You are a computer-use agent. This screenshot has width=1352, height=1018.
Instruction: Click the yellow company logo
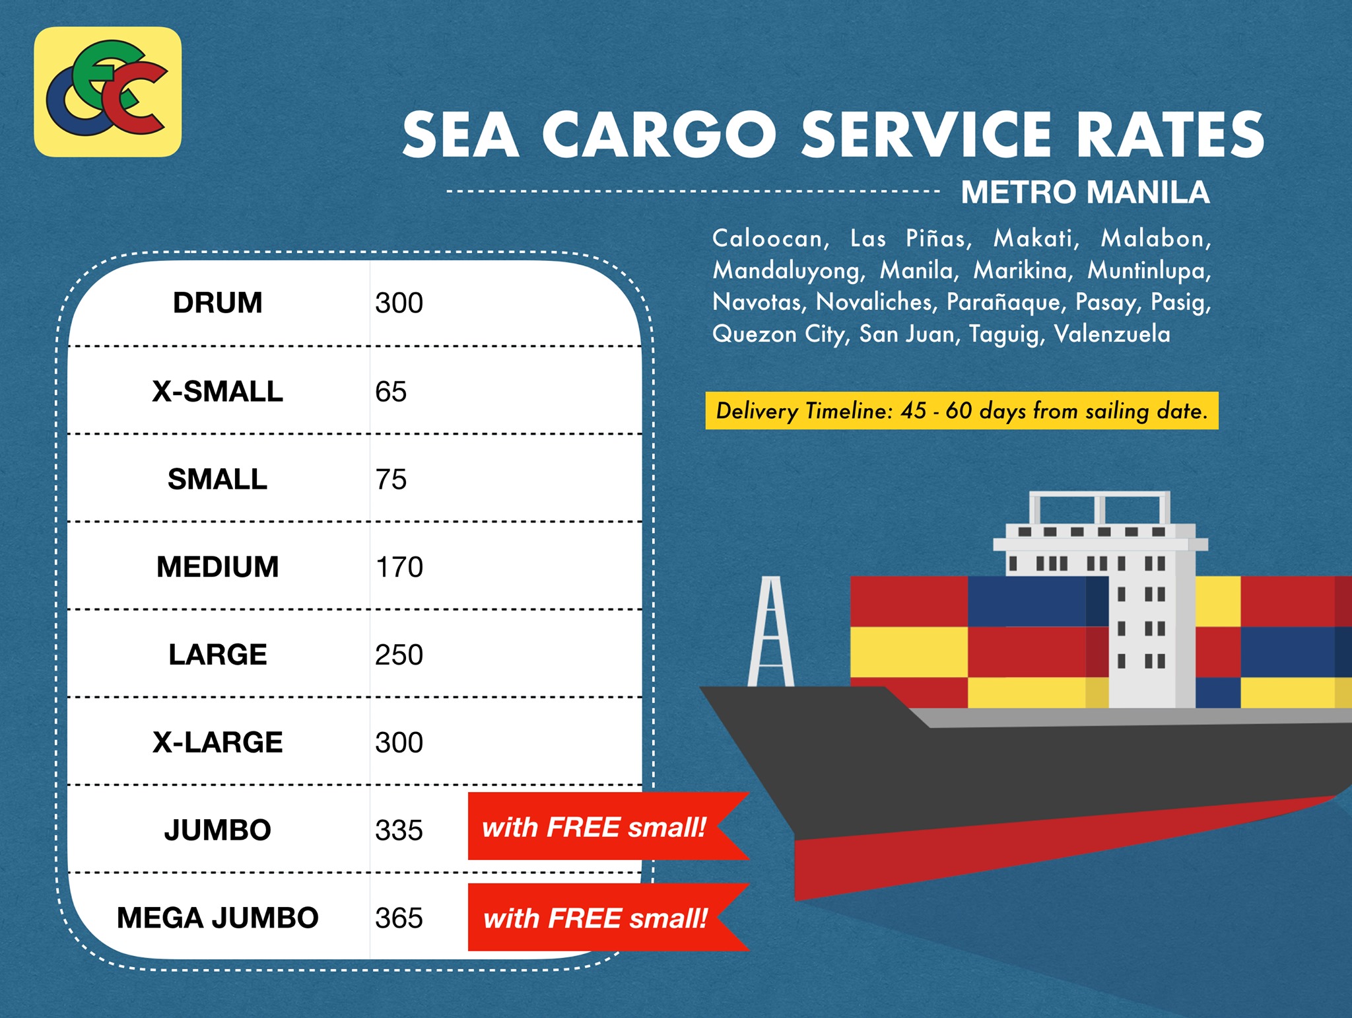pyautogui.click(x=108, y=92)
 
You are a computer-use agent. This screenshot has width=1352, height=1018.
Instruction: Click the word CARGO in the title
pyautogui.click(x=659, y=135)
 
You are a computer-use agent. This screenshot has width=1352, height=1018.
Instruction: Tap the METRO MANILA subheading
pyautogui.click(x=1085, y=192)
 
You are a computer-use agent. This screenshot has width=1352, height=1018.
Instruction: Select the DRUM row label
pyautogui.click(x=218, y=303)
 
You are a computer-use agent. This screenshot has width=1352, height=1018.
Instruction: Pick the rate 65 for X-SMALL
pyautogui.click(x=391, y=391)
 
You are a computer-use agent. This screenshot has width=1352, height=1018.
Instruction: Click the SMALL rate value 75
pyautogui.click(x=391, y=479)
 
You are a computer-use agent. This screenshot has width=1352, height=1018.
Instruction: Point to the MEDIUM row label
pyautogui.click(x=218, y=567)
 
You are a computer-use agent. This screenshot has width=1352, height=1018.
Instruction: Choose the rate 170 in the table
pyautogui.click(x=399, y=567)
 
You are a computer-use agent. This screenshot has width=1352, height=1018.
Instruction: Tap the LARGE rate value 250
pyautogui.click(x=399, y=655)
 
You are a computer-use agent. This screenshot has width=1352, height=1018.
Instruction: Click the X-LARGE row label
pyautogui.click(x=218, y=743)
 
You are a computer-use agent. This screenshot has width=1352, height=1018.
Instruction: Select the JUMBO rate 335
pyautogui.click(x=399, y=830)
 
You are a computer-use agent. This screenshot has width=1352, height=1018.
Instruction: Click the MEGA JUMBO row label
pyautogui.click(x=218, y=918)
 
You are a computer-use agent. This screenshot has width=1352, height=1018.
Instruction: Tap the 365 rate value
pyautogui.click(x=399, y=918)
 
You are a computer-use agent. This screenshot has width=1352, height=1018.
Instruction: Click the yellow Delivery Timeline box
pyautogui.click(x=962, y=411)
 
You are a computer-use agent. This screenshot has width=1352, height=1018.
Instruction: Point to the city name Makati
pyautogui.click(x=1036, y=238)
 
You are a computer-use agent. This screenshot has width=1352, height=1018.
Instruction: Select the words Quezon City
pyautogui.click(x=780, y=334)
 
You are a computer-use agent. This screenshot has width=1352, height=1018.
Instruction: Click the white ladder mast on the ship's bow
pyautogui.click(x=771, y=631)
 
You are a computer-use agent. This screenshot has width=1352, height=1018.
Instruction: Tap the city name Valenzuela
pyautogui.click(x=1112, y=334)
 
